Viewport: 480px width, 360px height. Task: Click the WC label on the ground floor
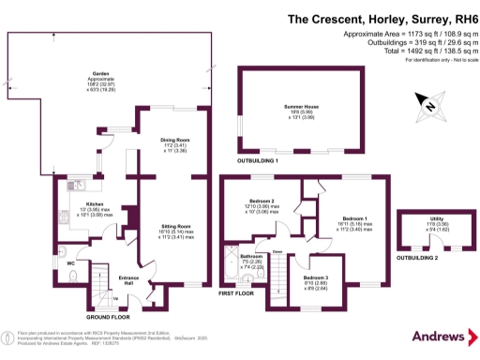[x=70, y=262]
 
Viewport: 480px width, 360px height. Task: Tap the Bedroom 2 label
[x=260, y=201]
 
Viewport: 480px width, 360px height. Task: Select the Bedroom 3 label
[x=316, y=278]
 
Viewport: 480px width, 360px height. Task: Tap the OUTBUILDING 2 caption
[x=419, y=257]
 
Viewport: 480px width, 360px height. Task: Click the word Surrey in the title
[x=417, y=17]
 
